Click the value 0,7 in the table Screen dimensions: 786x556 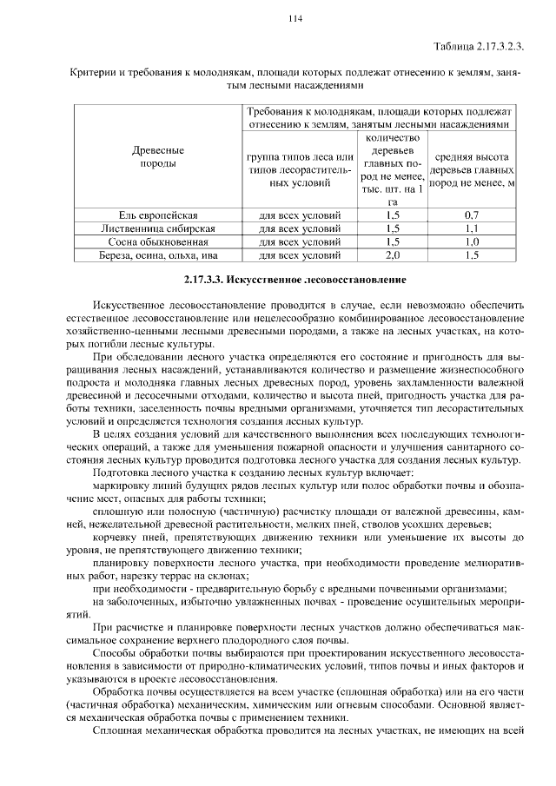click(x=472, y=215)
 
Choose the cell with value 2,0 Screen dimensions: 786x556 click(x=392, y=256)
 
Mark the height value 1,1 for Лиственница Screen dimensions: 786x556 click(x=472, y=228)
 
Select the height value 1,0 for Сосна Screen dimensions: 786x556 click(x=472, y=242)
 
